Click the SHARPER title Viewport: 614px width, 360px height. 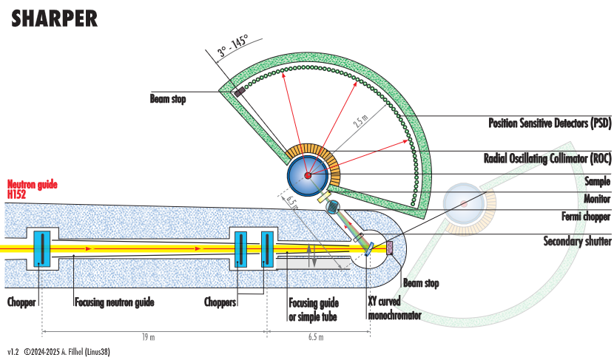[54, 19]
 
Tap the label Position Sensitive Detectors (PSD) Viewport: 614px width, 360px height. [549, 123]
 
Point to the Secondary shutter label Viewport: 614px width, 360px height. [577, 241]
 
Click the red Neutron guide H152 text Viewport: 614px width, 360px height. [32, 189]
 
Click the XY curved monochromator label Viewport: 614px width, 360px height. [394, 309]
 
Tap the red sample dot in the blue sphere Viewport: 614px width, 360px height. [308, 174]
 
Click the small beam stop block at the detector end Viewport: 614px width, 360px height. [240, 92]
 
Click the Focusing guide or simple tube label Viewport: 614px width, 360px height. [314, 309]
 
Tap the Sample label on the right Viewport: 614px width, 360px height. [596, 180]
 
